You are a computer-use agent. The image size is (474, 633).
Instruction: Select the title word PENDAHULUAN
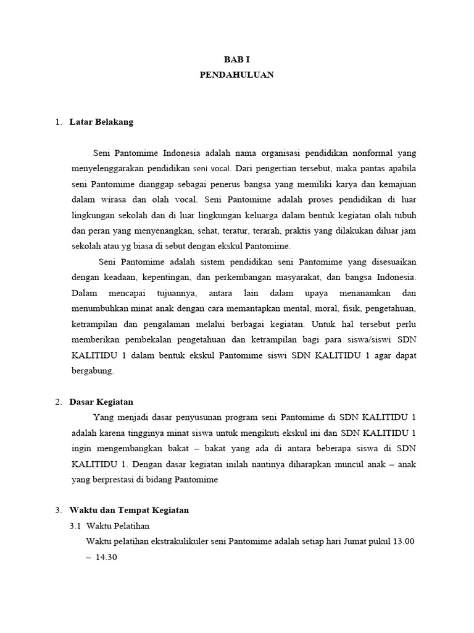[x=236, y=75]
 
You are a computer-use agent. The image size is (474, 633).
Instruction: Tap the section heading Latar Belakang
[x=101, y=122]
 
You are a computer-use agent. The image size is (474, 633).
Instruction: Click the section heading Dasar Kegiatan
[x=101, y=402]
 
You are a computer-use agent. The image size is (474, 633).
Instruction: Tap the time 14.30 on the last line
[x=106, y=558]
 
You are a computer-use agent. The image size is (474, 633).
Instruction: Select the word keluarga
[x=265, y=215]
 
